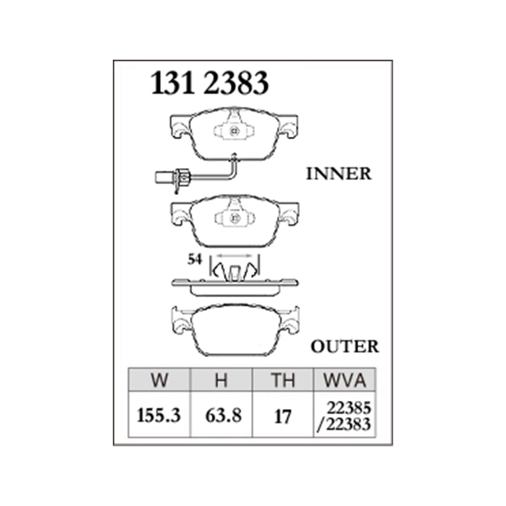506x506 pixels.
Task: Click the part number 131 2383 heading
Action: tap(210, 83)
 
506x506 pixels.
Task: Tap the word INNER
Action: tap(339, 174)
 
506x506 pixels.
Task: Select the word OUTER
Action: tap(345, 347)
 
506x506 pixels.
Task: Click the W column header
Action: tap(159, 380)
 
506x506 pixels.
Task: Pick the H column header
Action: tap(222, 380)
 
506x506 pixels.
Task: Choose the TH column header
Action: tap(283, 380)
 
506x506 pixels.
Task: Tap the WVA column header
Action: tap(345, 380)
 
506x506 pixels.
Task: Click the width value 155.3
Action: tap(159, 415)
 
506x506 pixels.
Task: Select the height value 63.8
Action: tap(223, 415)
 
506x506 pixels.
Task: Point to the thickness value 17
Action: tap(283, 416)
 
